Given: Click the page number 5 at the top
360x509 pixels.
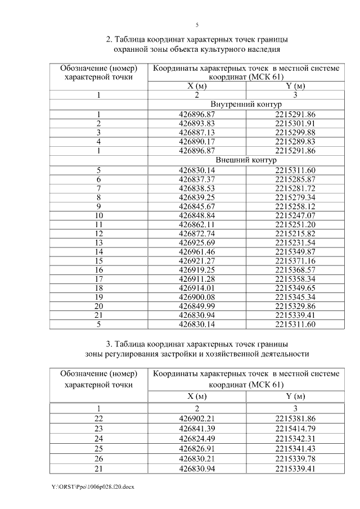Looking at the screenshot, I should coord(197,25).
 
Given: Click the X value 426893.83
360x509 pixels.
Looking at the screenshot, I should coord(197,123).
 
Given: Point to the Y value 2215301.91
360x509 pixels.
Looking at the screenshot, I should coord(295,123).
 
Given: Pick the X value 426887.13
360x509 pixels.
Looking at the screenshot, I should coord(197,132).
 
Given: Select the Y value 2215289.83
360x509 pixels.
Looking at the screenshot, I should coord(295,141).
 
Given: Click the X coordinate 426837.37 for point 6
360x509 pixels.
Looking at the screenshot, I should coord(197,178).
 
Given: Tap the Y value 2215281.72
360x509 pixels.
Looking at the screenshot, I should coord(295,187).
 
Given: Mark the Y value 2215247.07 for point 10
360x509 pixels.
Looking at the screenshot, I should coord(295,215).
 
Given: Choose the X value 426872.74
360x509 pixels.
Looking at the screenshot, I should coord(197,233).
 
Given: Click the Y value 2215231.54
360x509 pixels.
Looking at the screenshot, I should coord(295,242).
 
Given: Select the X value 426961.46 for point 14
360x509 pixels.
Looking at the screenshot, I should coord(197,251).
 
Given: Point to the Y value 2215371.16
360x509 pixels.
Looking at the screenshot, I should coord(295,261).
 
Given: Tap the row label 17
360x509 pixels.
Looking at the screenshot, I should coord(99,279).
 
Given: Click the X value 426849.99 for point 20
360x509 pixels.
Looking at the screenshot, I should coord(197,307).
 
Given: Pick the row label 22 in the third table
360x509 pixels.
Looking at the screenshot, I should coord(99,418).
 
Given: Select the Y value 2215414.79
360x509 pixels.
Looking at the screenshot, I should coord(295,428).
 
